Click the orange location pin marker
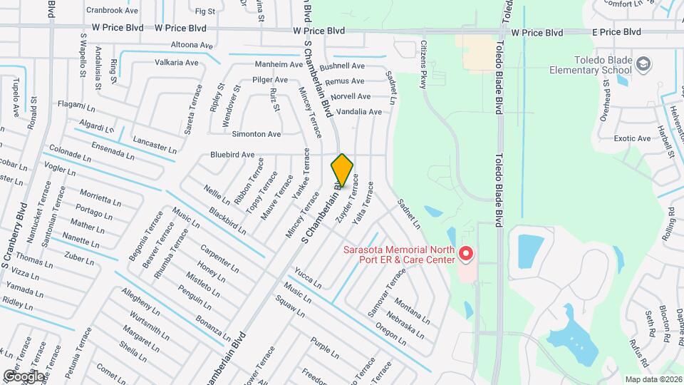point(342,170)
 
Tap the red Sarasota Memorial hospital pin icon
point(466,254)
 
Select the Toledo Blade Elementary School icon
point(643,65)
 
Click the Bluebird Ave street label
point(232,155)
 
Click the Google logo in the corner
point(24,376)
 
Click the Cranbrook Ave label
point(112,11)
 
